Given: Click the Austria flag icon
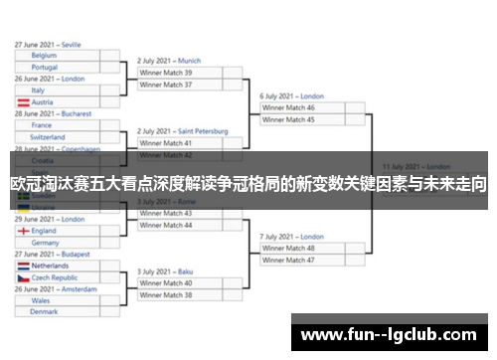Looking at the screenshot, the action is [x=23, y=102].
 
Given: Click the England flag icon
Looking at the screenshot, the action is [x=23, y=231].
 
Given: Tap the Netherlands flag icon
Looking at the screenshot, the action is [x=23, y=267].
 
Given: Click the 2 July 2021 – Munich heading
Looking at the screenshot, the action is [x=169, y=61].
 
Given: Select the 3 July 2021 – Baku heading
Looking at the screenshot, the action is [x=165, y=271].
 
